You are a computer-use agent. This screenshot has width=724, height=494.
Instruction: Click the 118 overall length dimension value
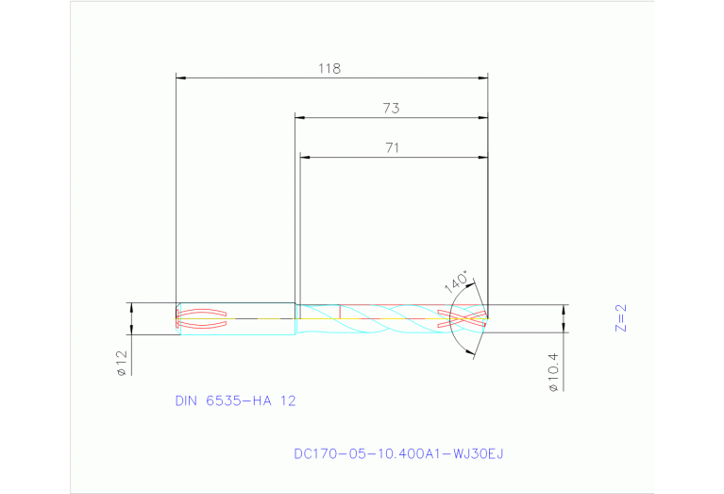[328, 68]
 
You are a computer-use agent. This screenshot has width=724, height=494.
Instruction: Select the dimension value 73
[391, 109]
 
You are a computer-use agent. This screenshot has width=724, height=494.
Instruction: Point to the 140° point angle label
[456, 282]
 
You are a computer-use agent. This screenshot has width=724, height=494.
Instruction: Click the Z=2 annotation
[620, 318]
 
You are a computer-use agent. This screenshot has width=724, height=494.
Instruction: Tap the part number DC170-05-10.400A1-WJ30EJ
[398, 453]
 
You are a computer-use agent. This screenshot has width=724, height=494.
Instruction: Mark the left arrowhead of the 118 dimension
[181, 77]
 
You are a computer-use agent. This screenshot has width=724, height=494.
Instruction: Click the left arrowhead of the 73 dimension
[299, 117]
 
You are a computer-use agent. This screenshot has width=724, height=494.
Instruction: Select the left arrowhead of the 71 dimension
[304, 156]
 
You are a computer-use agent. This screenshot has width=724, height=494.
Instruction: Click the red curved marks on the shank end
[202, 318]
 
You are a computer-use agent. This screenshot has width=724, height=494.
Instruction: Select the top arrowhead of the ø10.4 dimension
[564, 309]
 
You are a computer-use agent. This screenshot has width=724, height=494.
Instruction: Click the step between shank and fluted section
[296, 318]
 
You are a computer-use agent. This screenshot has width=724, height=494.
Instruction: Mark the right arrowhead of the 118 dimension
[483, 77]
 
